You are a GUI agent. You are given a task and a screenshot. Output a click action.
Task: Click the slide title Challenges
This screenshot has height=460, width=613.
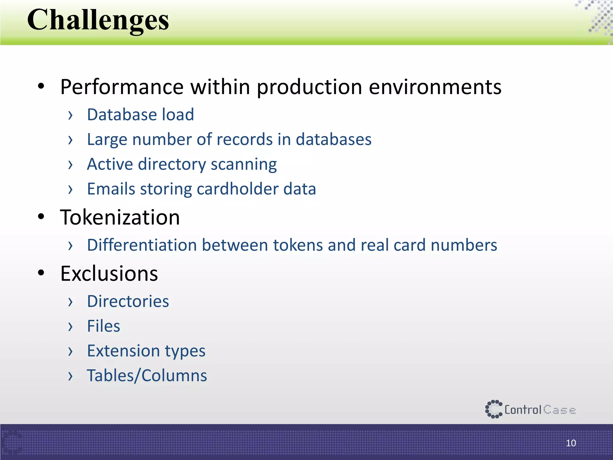pyautogui.click(x=98, y=20)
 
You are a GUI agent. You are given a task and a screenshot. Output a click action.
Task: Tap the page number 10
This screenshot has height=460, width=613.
pyautogui.click(x=571, y=443)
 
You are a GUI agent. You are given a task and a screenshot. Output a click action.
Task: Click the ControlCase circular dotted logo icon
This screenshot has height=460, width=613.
pyautogui.click(x=493, y=409)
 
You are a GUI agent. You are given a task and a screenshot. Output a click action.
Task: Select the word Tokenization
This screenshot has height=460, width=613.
pyautogui.click(x=120, y=217)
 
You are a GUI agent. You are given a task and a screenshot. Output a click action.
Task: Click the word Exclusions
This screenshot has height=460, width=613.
pyautogui.click(x=109, y=273)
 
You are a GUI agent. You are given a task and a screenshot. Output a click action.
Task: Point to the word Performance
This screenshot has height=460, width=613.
pyautogui.click(x=122, y=87)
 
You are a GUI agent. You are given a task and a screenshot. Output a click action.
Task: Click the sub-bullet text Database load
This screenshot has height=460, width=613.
pyautogui.click(x=140, y=115)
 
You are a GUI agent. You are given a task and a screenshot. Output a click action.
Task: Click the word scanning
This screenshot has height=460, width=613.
pyautogui.click(x=244, y=164)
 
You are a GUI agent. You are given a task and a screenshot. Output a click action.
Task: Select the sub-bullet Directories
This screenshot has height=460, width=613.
pyautogui.click(x=128, y=301)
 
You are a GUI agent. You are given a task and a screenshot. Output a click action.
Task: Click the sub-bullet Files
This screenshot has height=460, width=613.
pyautogui.click(x=103, y=326)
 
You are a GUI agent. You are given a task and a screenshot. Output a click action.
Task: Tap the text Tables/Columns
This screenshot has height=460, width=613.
pyautogui.click(x=147, y=376)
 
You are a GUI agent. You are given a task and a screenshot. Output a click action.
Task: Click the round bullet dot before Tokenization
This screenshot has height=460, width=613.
pyautogui.click(x=41, y=217)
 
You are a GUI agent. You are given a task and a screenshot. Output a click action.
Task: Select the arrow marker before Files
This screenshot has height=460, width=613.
pyautogui.click(x=70, y=326)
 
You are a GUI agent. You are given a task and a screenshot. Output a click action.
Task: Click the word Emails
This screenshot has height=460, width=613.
pyautogui.click(x=111, y=189)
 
